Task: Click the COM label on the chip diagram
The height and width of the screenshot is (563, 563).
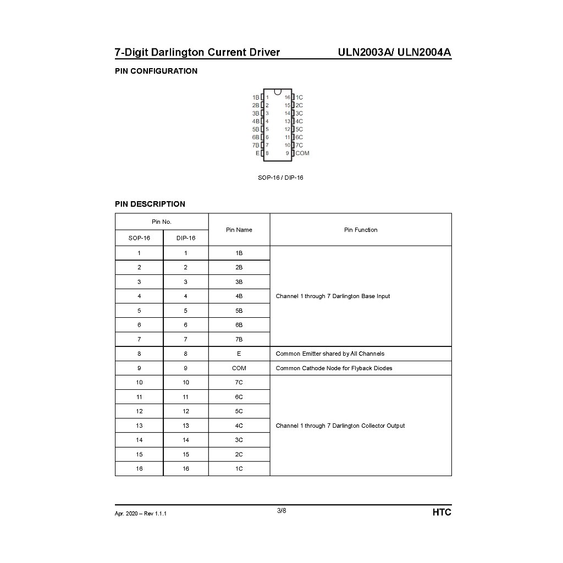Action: [302, 153]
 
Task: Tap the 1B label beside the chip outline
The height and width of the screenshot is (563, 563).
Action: [256, 97]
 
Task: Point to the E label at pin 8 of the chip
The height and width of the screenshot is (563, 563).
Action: [257, 153]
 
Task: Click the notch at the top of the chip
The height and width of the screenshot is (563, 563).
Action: [278, 91]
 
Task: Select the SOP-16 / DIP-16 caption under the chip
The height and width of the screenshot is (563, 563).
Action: [280, 178]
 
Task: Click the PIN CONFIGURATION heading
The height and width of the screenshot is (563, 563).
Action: [156, 71]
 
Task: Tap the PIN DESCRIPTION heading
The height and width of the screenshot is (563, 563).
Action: [150, 204]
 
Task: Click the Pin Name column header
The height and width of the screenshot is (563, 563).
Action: [239, 230]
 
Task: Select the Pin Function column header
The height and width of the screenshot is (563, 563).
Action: [361, 230]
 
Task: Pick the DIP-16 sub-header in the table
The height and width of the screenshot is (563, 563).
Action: [186, 238]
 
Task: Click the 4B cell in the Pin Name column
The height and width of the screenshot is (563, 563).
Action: [239, 296]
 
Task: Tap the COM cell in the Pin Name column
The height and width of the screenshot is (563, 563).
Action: [239, 368]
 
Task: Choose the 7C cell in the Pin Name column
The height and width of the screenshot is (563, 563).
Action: [239, 383]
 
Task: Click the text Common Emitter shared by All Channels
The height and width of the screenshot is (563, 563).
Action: [330, 354]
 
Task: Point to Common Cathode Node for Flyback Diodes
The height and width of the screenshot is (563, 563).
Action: [334, 368]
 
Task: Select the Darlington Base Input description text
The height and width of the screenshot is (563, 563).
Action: [333, 296]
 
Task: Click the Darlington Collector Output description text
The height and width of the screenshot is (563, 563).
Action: [340, 426]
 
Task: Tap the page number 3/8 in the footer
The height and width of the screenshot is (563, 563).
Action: [281, 511]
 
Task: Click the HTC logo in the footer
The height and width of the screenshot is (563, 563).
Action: [441, 512]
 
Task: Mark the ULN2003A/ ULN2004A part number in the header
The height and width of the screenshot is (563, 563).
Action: [394, 53]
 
